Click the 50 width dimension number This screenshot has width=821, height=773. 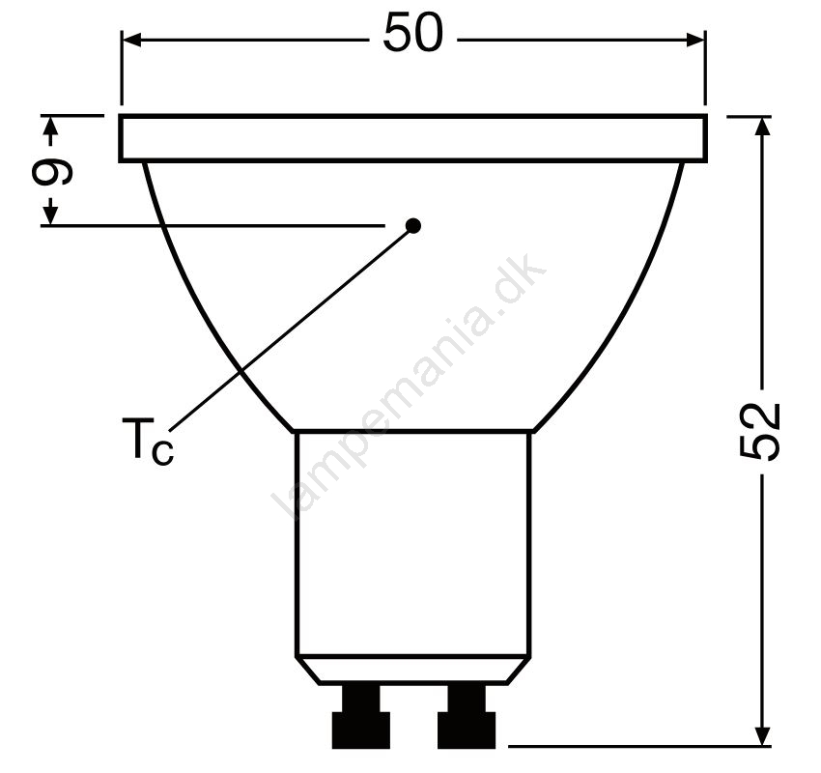[x=413, y=33]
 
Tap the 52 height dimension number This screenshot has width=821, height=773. [x=760, y=432]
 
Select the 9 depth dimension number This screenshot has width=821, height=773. [x=52, y=171]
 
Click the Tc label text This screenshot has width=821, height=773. [x=147, y=441]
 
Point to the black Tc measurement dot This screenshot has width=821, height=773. [x=413, y=226]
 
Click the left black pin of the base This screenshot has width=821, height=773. [x=361, y=716]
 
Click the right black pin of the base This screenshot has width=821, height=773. [x=467, y=716]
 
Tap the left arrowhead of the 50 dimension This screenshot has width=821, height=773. [x=132, y=40]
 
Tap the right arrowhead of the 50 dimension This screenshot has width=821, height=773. [x=694, y=40]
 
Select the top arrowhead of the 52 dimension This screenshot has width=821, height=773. [x=763, y=126]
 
